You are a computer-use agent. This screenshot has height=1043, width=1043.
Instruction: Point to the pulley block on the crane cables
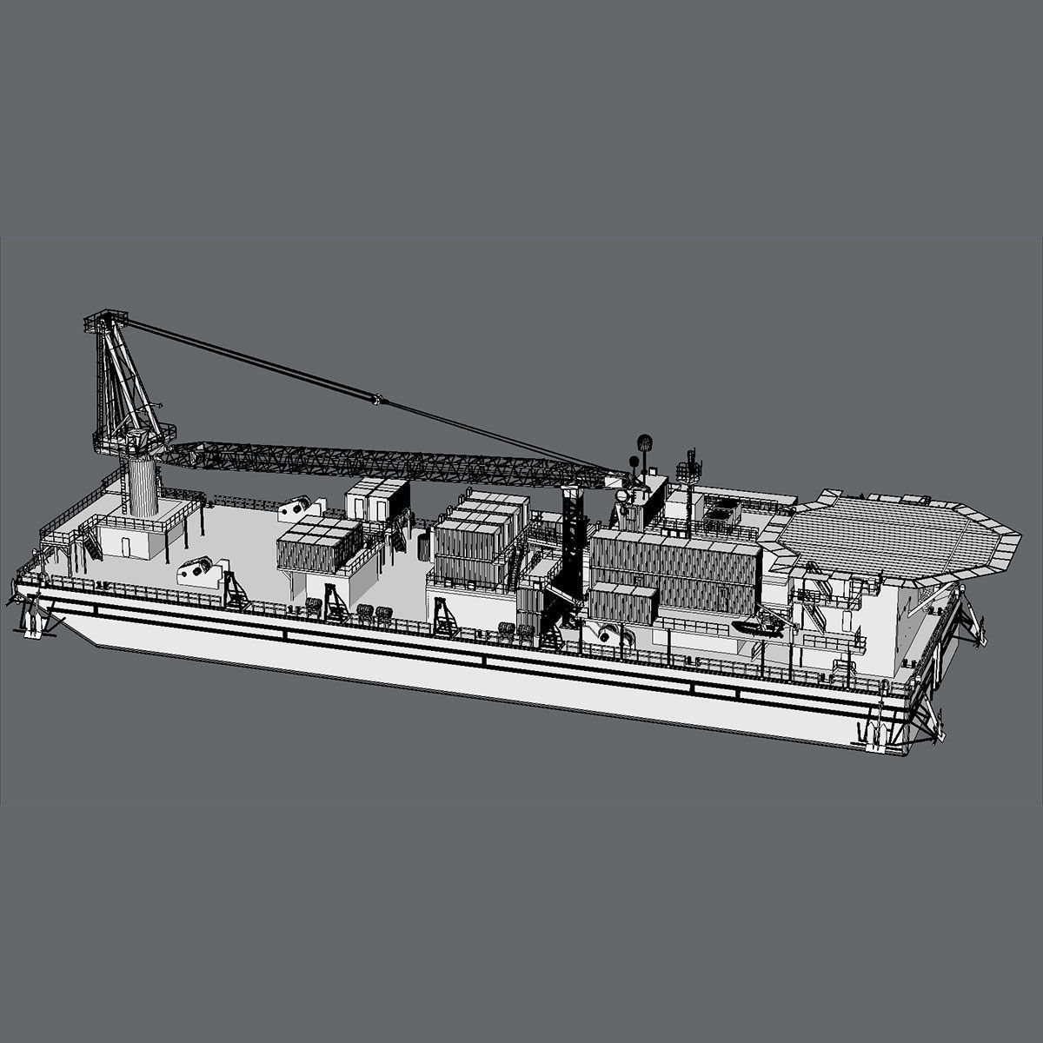coord(377,401)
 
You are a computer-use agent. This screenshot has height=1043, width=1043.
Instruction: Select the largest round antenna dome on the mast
coord(645,442)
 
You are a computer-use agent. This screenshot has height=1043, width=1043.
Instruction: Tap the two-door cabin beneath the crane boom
coord(378,501)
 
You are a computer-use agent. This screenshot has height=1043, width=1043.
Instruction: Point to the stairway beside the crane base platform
coord(91,548)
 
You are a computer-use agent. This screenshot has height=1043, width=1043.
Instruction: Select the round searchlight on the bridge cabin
coord(622,495)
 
